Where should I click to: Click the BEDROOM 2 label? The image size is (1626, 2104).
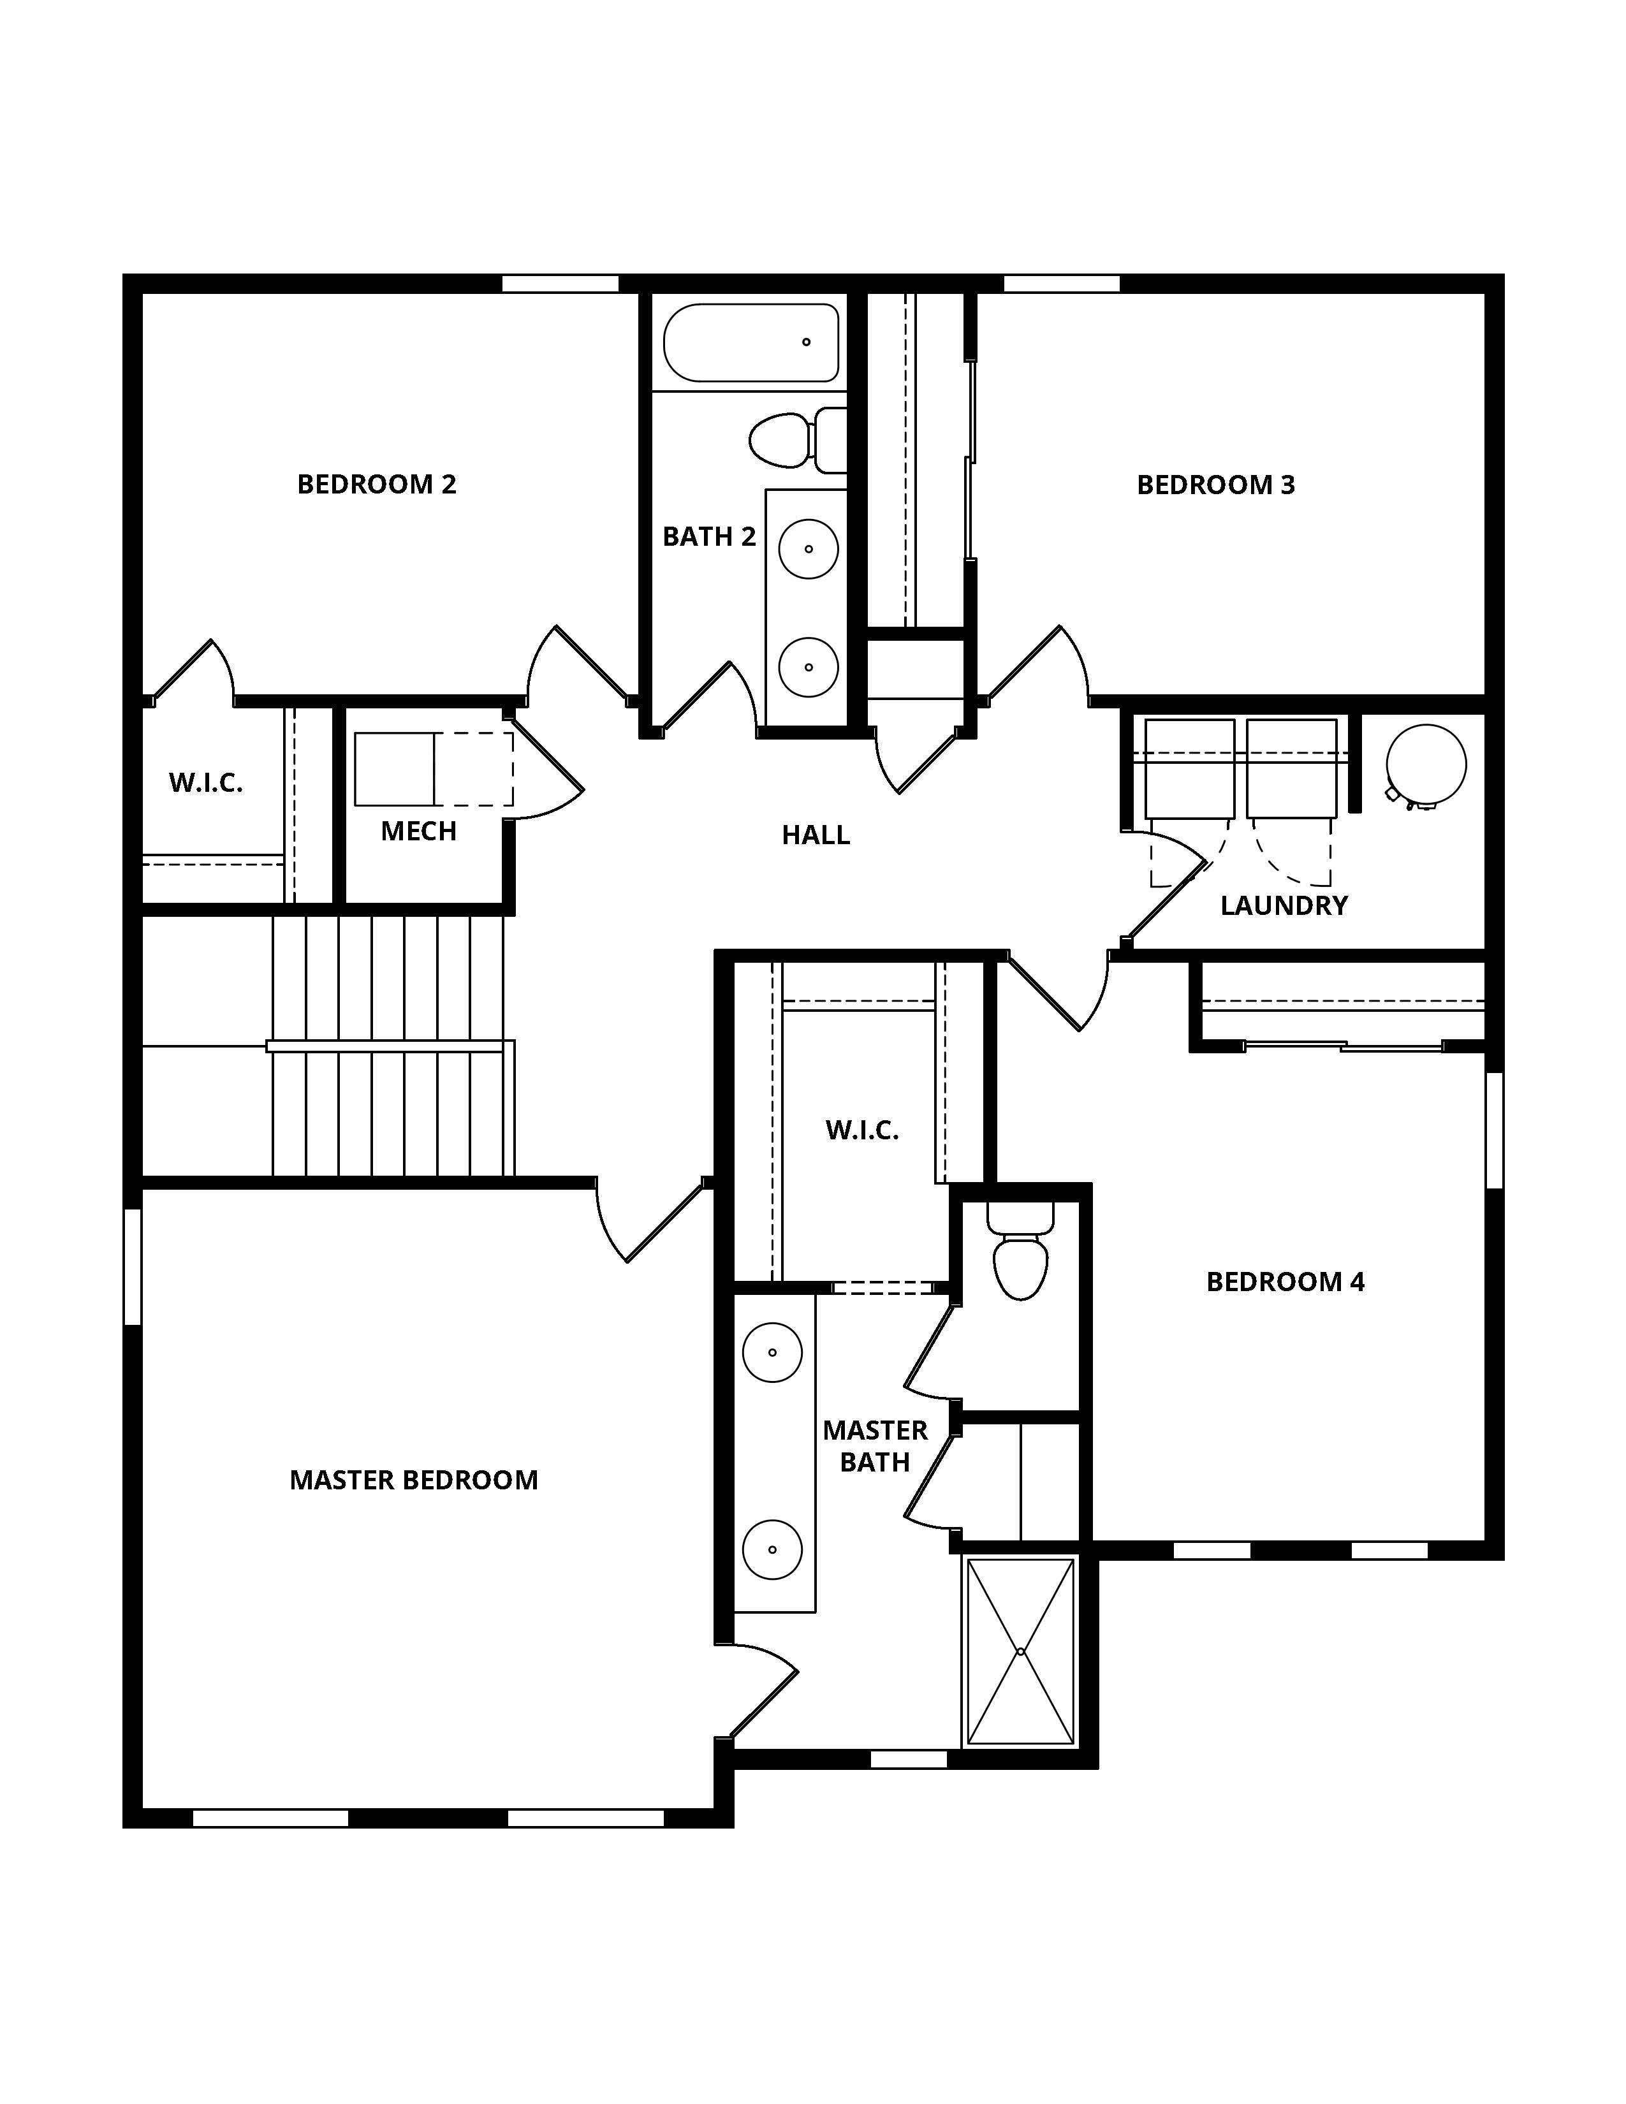pyautogui.click(x=377, y=484)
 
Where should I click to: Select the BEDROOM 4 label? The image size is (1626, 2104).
pyautogui.click(x=1285, y=1282)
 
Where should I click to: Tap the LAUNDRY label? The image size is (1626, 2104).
pyautogui.click(x=1284, y=905)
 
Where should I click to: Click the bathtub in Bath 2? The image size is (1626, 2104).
pyautogui.click(x=751, y=343)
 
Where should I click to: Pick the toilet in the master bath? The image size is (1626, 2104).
pyautogui.click(x=1020, y=1262)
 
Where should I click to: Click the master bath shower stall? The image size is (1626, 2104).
pyautogui.click(x=1020, y=1651)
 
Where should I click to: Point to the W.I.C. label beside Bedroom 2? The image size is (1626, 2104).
pyautogui.click(x=205, y=782)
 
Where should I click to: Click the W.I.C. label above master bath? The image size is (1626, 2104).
pyautogui.click(x=862, y=1130)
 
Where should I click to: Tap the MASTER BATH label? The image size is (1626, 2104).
pyautogui.click(x=875, y=1446)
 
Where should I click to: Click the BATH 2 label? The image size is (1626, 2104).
pyautogui.click(x=709, y=537)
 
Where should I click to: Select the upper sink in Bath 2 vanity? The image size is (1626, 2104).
pyautogui.click(x=808, y=548)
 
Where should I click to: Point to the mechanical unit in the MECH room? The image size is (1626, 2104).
pyautogui.click(x=394, y=769)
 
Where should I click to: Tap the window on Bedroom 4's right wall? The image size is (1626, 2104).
pyautogui.click(x=1494, y=1129)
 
